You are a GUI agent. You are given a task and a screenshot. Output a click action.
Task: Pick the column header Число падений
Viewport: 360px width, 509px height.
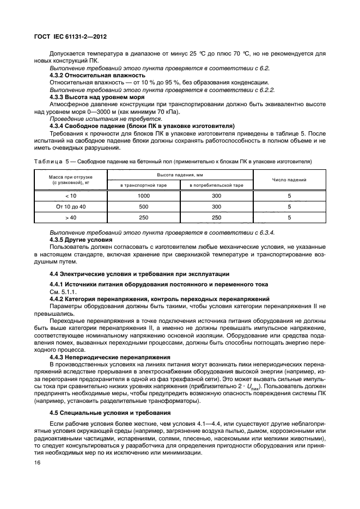pos(289,179)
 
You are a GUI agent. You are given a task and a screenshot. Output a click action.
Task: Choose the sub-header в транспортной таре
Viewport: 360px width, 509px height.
pos(144,186)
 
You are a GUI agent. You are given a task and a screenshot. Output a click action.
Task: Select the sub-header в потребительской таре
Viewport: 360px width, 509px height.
pos(216,186)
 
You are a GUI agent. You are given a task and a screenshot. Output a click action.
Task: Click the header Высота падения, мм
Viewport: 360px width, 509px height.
pos(180,174)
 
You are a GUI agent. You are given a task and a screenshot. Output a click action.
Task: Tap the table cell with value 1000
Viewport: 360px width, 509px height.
pos(144,196)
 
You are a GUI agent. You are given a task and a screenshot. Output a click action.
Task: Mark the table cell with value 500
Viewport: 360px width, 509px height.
pos(144,207)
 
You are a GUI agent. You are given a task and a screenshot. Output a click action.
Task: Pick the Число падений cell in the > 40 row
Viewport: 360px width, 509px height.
pos(289,217)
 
